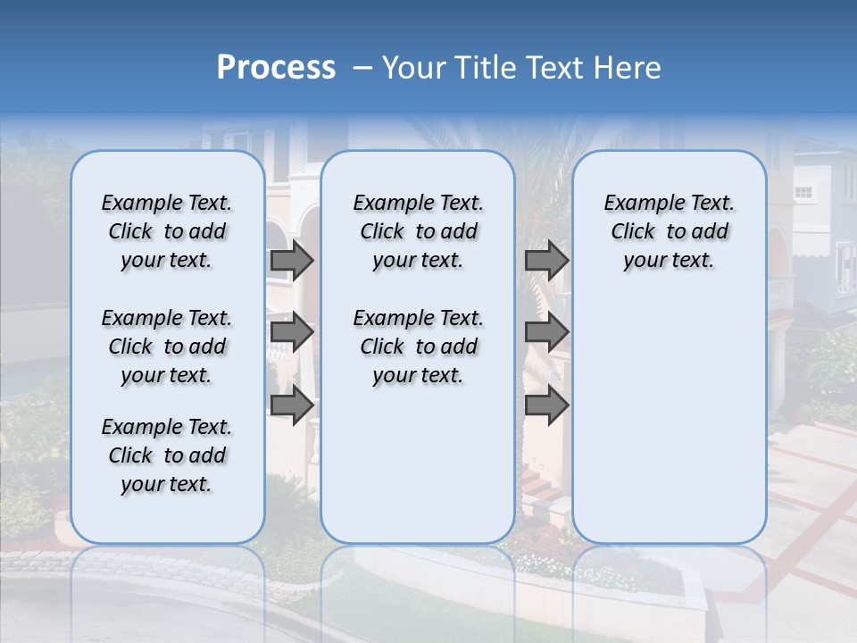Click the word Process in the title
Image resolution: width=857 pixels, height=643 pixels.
click(x=276, y=68)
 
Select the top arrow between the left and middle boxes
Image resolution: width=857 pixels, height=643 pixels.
click(x=292, y=260)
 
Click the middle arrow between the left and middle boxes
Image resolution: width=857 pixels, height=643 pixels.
click(x=292, y=332)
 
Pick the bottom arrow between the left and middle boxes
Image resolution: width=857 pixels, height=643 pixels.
click(x=292, y=405)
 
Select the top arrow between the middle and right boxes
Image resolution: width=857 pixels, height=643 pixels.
click(x=546, y=260)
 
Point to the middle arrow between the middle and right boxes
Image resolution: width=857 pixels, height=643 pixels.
click(x=546, y=332)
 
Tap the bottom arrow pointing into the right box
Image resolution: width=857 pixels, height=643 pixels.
click(x=546, y=405)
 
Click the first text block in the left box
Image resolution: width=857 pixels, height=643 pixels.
click(x=167, y=231)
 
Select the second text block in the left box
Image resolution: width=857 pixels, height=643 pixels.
click(x=167, y=347)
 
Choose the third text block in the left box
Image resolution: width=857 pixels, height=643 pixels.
click(x=167, y=455)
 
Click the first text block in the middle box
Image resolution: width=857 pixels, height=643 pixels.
click(x=418, y=231)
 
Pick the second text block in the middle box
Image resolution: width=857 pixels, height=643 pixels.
click(x=418, y=347)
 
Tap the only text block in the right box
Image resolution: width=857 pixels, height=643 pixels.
click(x=669, y=231)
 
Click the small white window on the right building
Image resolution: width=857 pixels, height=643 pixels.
click(x=803, y=192)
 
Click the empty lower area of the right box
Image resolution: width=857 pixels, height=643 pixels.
click(x=669, y=420)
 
